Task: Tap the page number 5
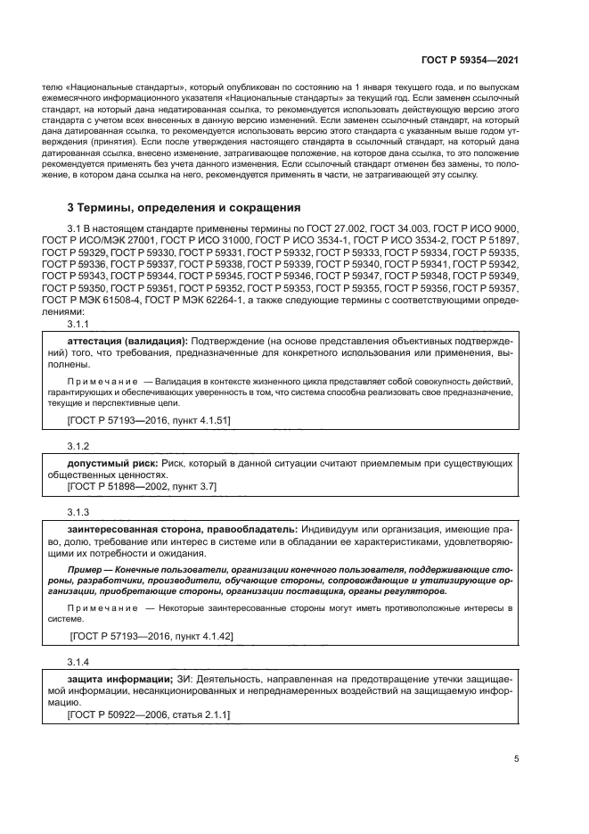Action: point(516,759)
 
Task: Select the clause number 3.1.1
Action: point(78,326)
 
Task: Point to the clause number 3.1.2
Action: point(78,443)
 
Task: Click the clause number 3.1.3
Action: point(78,513)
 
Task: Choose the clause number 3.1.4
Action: point(78,662)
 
